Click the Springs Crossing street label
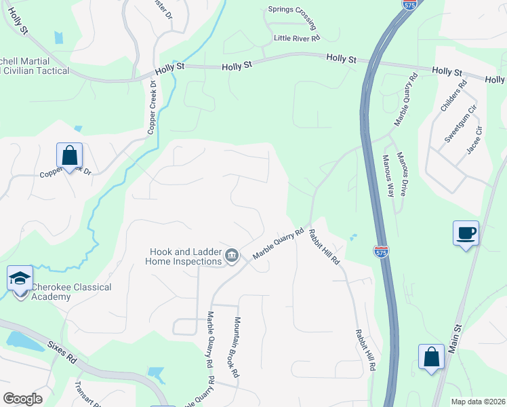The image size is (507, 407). (292, 15)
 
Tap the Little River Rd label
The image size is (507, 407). (296, 39)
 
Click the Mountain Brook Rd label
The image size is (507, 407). (235, 347)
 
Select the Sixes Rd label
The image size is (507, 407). (62, 353)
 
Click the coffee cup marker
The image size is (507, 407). (466, 234)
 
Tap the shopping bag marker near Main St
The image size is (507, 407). (431, 357)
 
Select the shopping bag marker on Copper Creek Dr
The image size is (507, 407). (69, 156)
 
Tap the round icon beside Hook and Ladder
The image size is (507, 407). (232, 255)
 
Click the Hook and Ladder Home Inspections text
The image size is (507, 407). (186, 256)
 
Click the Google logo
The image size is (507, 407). (22, 398)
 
